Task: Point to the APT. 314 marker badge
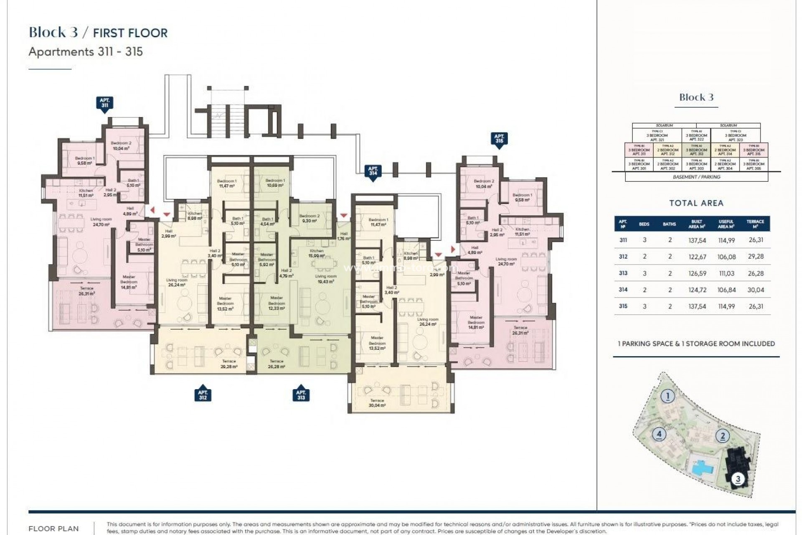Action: click(373, 172)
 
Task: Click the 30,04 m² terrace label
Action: click(377, 403)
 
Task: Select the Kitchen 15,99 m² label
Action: click(317, 253)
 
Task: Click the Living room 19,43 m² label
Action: click(325, 279)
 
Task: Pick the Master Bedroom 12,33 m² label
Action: click(277, 303)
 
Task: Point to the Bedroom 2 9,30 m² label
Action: click(310, 218)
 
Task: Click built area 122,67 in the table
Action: click(697, 257)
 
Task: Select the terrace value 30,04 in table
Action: click(756, 290)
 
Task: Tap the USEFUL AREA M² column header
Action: click(726, 224)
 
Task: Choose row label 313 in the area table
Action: click(623, 273)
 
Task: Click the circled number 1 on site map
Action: click(668, 396)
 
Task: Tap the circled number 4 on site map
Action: click(659, 434)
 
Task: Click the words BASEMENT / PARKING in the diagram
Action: click(696, 177)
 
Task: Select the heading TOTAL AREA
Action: click(696, 203)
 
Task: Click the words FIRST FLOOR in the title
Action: click(130, 33)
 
